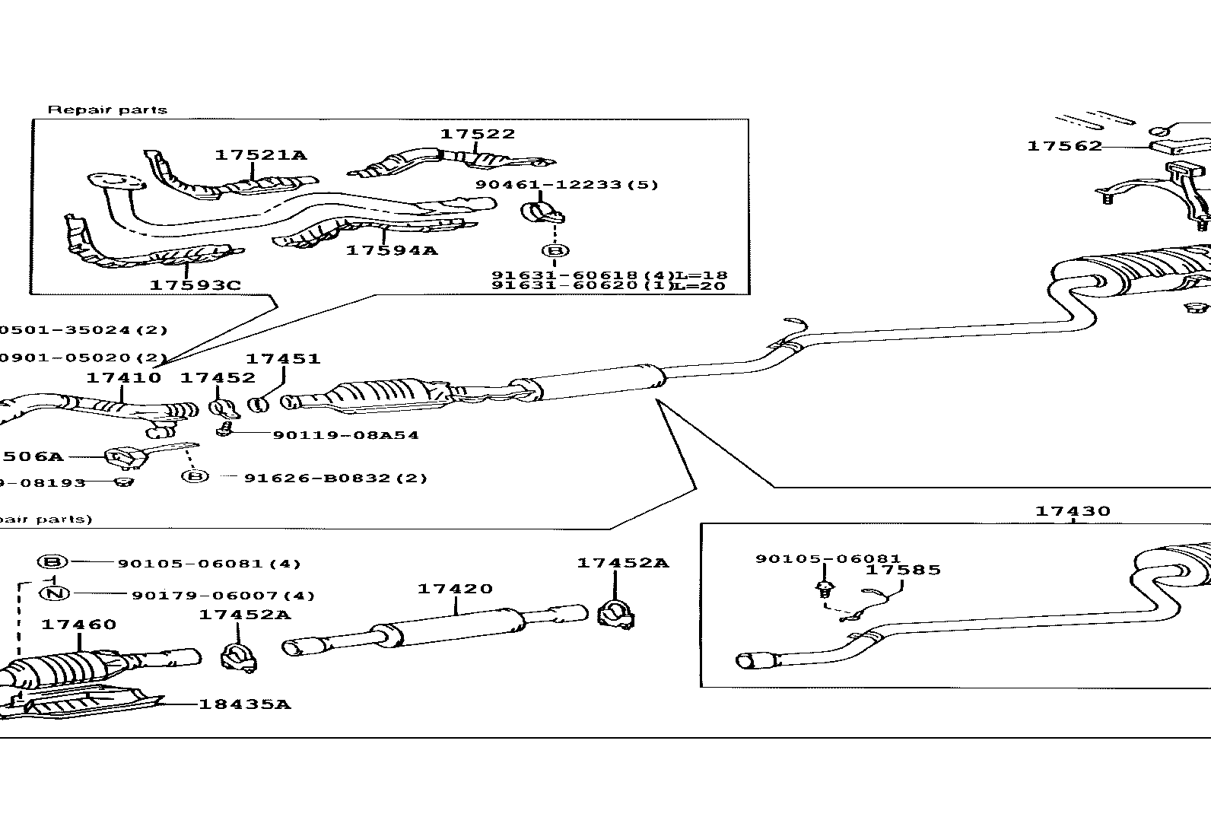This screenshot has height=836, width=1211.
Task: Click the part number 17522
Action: click(x=478, y=134)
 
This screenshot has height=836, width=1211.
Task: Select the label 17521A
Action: click(x=260, y=155)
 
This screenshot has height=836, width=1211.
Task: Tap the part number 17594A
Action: click(x=392, y=250)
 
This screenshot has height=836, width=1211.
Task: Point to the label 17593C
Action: click(x=195, y=285)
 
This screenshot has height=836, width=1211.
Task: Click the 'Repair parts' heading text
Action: click(x=107, y=110)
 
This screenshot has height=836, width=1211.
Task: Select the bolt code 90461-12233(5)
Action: click(x=567, y=185)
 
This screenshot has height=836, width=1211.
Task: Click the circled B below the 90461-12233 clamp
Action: click(x=555, y=250)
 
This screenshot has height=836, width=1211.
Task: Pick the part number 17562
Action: click(x=1064, y=146)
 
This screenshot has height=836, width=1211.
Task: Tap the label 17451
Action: click(x=282, y=358)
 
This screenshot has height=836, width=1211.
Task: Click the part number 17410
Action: click(x=123, y=378)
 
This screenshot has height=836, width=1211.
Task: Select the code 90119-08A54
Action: click(x=345, y=435)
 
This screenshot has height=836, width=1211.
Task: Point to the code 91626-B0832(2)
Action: click(x=335, y=478)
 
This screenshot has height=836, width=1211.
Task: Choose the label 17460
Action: click(x=78, y=625)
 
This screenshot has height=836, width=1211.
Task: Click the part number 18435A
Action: click(x=245, y=704)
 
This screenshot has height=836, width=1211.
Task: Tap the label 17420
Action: click(x=455, y=589)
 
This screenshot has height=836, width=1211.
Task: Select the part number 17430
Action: click(x=1073, y=512)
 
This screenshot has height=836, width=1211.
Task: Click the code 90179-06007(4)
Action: click(x=223, y=596)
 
